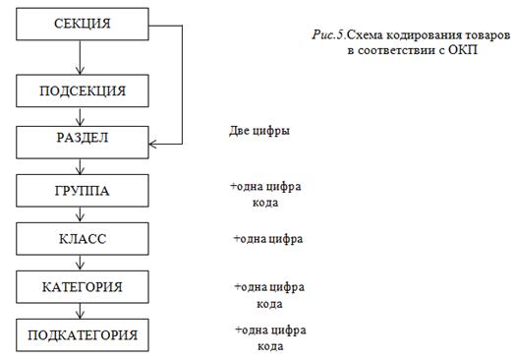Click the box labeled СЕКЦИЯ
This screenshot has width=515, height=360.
click(x=83, y=25)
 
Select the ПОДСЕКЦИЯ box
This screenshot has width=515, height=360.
click(x=83, y=90)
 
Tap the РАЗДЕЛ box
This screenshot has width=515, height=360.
click(x=83, y=143)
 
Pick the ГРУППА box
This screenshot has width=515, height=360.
click(x=83, y=191)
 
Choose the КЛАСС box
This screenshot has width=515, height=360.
click(x=83, y=239)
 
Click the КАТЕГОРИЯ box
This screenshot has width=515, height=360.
click(x=83, y=287)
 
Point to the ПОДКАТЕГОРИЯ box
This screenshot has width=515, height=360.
click(x=83, y=335)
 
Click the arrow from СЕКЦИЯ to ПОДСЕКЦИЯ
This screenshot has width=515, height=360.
click(x=80, y=57)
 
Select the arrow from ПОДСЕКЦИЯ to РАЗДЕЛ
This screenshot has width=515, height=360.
click(x=80, y=117)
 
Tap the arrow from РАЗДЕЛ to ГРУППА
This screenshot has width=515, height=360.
click(x=80, y=166)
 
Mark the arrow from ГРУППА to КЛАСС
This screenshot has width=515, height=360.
click(x=80, y=214)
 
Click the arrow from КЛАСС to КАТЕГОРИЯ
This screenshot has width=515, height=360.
click(x=80, y=263)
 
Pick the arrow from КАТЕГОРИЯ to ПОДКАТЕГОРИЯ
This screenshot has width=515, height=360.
click(x=80, y=311)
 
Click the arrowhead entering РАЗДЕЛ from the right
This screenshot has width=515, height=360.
click(x=152, y=144)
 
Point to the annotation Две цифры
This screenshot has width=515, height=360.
click(x=259, y=131)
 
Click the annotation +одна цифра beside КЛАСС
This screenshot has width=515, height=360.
click(x=268, y=239)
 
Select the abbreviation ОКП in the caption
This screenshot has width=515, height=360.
click(x=463, y=50)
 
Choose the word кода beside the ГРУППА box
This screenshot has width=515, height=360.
click(x=265, y=203)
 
